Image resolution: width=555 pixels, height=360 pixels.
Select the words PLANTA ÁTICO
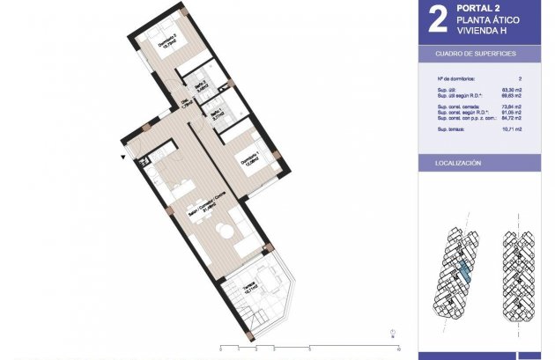pyautogui.click(x=490, y=21)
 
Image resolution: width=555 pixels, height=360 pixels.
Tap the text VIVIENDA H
pyautogui.click(x=483, y=32)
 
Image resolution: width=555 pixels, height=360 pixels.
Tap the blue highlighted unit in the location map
pyautogui.click(x=465, y=273)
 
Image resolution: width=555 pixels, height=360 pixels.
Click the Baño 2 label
pyautogui.click(x=200, y=84)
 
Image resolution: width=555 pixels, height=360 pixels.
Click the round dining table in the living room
pyautogui.click(x=226, y=231)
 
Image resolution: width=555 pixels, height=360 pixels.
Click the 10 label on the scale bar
pyautogui.click(x=388, y=335)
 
